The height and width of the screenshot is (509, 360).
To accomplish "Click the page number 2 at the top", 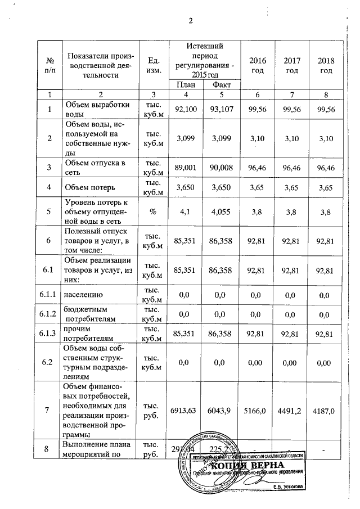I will tap(191, 21).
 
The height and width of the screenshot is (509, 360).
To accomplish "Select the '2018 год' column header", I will tap(326, 65).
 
